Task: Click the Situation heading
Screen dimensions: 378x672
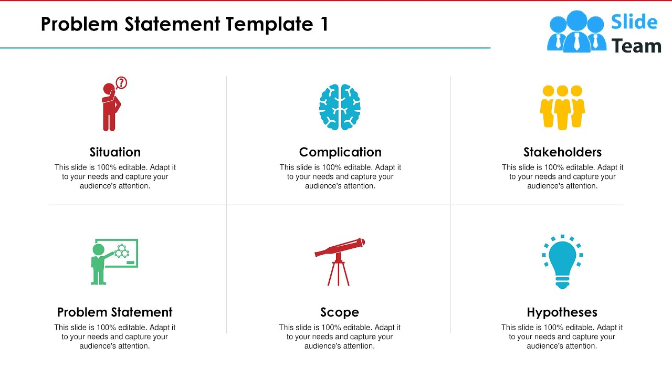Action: tap(115, 152)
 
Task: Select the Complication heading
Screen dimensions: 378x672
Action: tap(340, 152)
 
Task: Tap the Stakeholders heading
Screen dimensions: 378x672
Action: tap(562, 152)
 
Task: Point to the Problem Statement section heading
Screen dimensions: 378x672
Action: tap(115, 312)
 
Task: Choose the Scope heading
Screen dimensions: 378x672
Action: tap(340, 312)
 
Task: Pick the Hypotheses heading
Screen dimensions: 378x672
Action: tap(562, 312)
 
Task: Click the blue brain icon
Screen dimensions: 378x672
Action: tap(340, 107)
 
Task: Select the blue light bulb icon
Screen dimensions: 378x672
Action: tap(562, 261)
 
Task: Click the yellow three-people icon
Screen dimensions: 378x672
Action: tap(562, 107)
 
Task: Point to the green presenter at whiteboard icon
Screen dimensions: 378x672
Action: tap(114, 261)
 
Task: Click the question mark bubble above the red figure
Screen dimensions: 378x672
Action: tap(121, 82)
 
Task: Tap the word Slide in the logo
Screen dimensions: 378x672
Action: tap(634, 22)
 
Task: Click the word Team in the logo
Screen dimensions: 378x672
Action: tap(636, 46)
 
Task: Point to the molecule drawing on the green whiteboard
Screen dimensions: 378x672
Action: tap(122, 251)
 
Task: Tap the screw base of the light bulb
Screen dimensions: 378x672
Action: tap(562, 283)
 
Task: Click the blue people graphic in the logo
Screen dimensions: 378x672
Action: tap(576, 31)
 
